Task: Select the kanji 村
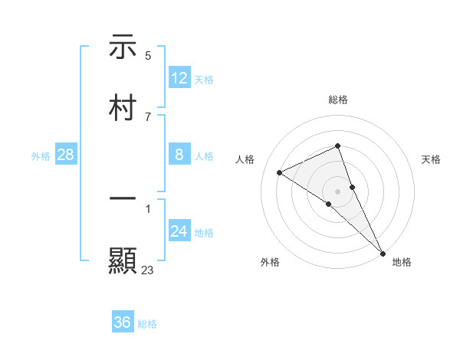pos(123,107)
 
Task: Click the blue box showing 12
pos(179,78)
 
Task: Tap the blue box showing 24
pos(179,231)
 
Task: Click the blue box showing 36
pos(123,322)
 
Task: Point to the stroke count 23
pos(147,270)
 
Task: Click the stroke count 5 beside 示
pos(148,55)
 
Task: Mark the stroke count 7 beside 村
pos(147,116)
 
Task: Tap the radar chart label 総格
pos(338,100)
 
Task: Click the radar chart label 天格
pos(431,159)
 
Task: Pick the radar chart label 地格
pos(402,262)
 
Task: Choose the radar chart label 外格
pos(270,262)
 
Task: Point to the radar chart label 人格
pos(245,159)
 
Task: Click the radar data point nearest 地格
pos(383,252)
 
